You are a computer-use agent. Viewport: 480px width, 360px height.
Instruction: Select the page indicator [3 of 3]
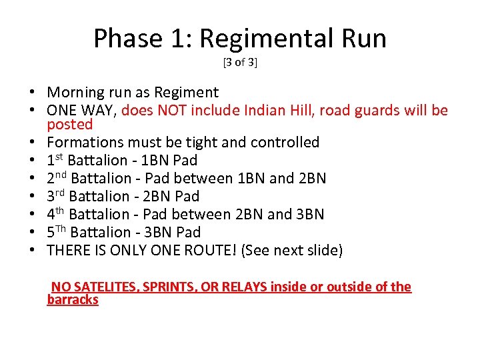tap(240, 63)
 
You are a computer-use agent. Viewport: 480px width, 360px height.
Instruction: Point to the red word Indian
tap(281, 111)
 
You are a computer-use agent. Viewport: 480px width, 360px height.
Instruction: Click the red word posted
tap(69, 125)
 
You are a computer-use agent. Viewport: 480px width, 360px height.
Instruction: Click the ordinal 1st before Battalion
tap(55, 160)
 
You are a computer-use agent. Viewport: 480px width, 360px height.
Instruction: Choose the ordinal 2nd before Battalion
tap(57, 178)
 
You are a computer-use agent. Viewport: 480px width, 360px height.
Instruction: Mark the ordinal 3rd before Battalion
tap(56, 196)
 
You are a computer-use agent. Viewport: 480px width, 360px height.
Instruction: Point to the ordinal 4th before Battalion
tap(56, 214)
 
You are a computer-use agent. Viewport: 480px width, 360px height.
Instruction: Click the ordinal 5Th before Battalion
tap(56, 232)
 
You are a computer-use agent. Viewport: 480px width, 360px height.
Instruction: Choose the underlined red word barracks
tap(73, 300)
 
